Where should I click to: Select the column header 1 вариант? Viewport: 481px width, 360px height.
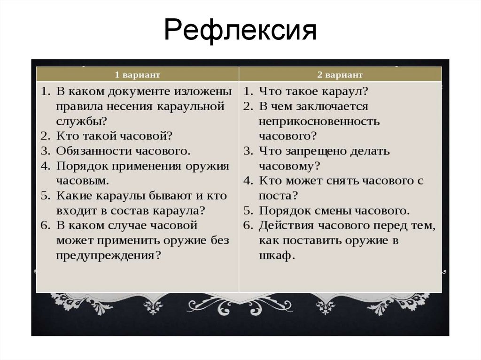pyautogui.click(x=138, y=75)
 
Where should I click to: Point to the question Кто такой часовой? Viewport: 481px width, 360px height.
pyautogui.click(x=115, y=136)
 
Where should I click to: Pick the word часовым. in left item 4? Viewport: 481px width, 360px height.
pyautogui.click(x=83, y=181)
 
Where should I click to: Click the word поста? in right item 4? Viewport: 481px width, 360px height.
pyautogui.click(x=278, y=195)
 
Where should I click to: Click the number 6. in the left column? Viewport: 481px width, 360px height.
pyautogui.click(x=45, y=226)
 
